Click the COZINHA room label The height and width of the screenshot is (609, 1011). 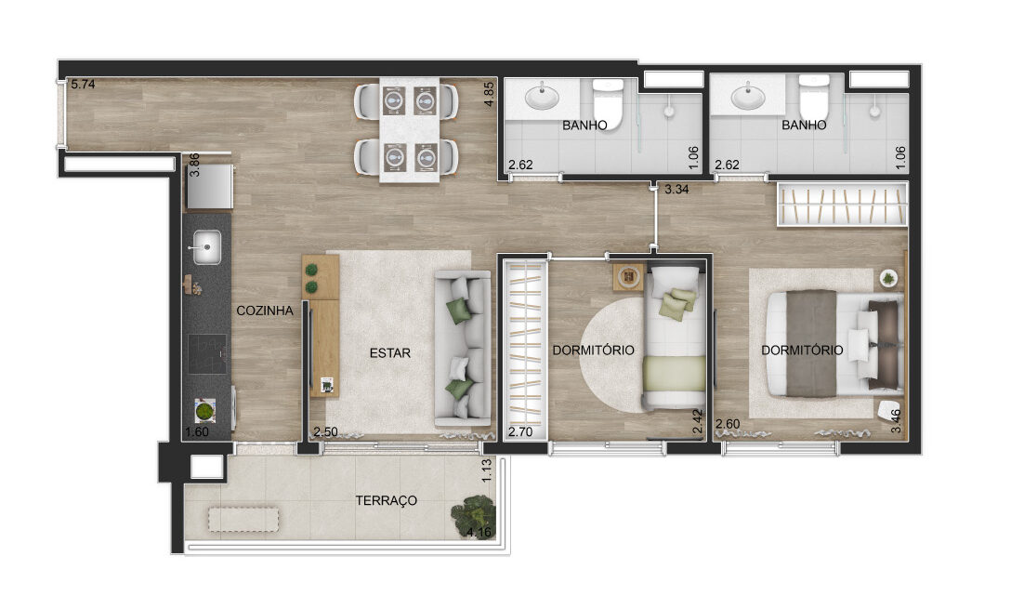tap(264, 311)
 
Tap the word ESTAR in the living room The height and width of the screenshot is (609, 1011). tap(390, 353)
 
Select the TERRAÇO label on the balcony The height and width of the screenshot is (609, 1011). tap(387, 500)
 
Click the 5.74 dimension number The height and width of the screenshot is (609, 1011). tap(84, 84)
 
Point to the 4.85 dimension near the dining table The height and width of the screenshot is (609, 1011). tap(489, 94)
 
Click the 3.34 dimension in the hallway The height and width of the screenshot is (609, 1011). tap(676, 189)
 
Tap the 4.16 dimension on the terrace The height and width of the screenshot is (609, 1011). tap(479, 532)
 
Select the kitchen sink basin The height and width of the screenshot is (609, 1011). tap(207, 247)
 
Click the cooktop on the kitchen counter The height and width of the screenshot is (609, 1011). tap(207, 353)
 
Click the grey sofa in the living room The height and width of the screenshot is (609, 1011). tap(463, 349)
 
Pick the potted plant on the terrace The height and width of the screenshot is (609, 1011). tap(473, 513)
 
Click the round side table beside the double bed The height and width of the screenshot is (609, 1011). tap(888, 278)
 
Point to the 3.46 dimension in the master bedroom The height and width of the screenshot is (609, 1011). tap(896, 421)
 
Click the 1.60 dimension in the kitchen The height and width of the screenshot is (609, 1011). tap(197, 432)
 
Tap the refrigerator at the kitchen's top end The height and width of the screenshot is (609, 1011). tap(209, 187)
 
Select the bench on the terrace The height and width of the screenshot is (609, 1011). tap(243, 520)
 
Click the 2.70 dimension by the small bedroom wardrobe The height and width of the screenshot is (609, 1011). tap(520, 431)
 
